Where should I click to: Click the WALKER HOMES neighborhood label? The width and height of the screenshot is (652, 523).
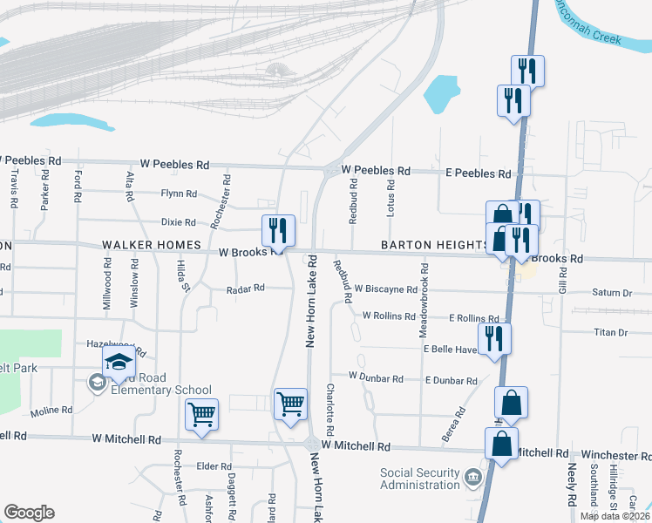coord(152,246)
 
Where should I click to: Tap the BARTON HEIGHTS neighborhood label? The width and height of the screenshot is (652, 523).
coord(433,246)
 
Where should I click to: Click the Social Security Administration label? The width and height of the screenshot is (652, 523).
coord(419,479)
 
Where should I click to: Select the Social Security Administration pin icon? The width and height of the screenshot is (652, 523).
coord(472,477)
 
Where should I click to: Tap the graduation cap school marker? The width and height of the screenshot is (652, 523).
coord(119,362)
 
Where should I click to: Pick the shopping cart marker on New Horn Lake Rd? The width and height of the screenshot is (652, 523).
coord(290,404)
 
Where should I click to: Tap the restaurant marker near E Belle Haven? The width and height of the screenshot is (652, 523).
coord(495,338)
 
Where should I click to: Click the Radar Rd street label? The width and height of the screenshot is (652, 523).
coord(245,289)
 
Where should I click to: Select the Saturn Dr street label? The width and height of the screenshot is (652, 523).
coord(610,293)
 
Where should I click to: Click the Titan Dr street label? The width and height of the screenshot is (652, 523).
coord(610,333)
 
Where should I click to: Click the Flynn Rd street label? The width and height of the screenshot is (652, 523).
coord(179,194)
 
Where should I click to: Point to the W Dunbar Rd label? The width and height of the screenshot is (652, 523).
coord(376,378)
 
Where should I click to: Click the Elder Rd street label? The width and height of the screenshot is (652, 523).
coord(214,466)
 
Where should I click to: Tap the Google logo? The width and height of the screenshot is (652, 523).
coord(30,513)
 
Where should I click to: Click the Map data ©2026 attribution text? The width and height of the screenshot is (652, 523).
coord(615,516)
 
